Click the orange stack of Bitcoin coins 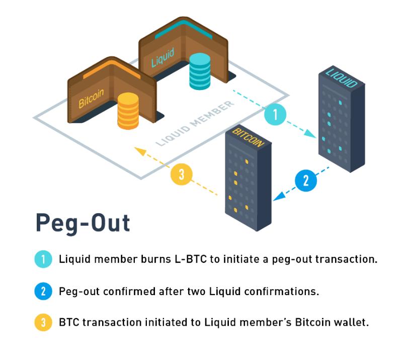128,111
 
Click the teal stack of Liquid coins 200,71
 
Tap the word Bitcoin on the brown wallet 91,98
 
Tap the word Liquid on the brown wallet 163,58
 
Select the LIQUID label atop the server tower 342,77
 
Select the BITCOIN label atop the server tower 248,138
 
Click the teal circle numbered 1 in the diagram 275,114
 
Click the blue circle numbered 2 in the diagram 306,181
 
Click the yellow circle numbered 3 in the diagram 182,174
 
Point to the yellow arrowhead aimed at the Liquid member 140,151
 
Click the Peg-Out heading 83,223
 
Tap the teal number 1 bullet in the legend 43,259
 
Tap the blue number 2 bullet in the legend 43,291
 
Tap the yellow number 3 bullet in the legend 43,322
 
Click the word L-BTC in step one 191,259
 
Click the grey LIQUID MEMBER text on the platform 195,123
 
